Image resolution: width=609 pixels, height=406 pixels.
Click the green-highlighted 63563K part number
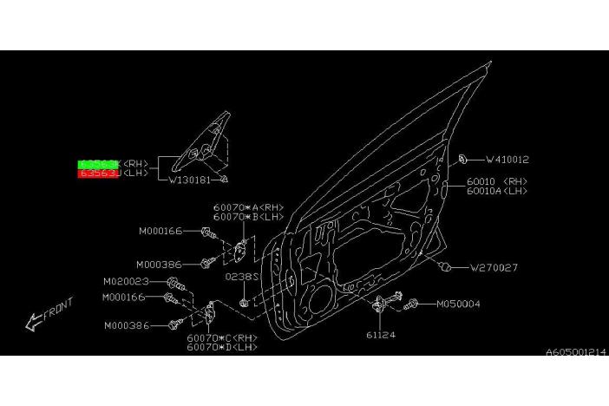click(x=99, y=163)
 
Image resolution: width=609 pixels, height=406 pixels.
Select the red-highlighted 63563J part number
click(x=99, y=174)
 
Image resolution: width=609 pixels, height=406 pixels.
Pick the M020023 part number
click(x=126, y=281)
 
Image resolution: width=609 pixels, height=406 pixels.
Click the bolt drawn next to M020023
click(x=175, y=284)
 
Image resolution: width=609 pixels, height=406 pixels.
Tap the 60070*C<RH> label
click(x=222, y=337)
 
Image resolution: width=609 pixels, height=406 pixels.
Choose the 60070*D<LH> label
click(x=222, y=347)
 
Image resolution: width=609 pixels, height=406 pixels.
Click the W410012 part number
click(x=507, y=160)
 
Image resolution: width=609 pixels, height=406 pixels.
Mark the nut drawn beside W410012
click(x=466, y=159)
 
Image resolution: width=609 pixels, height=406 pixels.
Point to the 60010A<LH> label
click(x=496, y=191)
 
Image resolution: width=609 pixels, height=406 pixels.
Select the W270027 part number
click(x=494, y=268)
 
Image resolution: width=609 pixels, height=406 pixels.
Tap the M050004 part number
click(x=457, y=304)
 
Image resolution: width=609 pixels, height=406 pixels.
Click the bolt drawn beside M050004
click(x=411, y=304)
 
